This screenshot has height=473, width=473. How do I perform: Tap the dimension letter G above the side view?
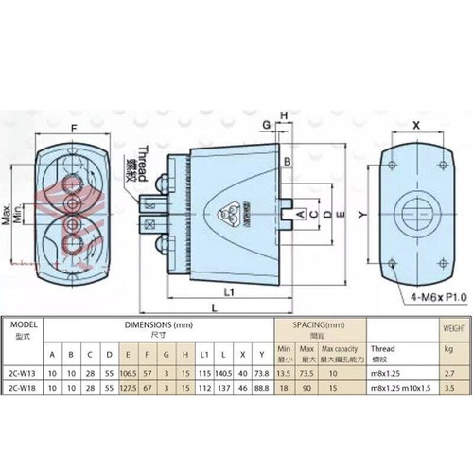[268, 124]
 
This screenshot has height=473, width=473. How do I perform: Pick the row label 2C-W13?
[21, 373]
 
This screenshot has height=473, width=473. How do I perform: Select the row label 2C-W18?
[21, 388]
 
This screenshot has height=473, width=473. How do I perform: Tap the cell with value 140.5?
[224, 373]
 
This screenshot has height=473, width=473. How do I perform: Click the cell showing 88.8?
[262, 388]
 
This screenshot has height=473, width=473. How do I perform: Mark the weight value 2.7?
[448, 373]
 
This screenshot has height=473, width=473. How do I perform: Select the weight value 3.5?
[448, 388]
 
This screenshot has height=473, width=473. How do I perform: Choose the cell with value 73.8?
[262, 373]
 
